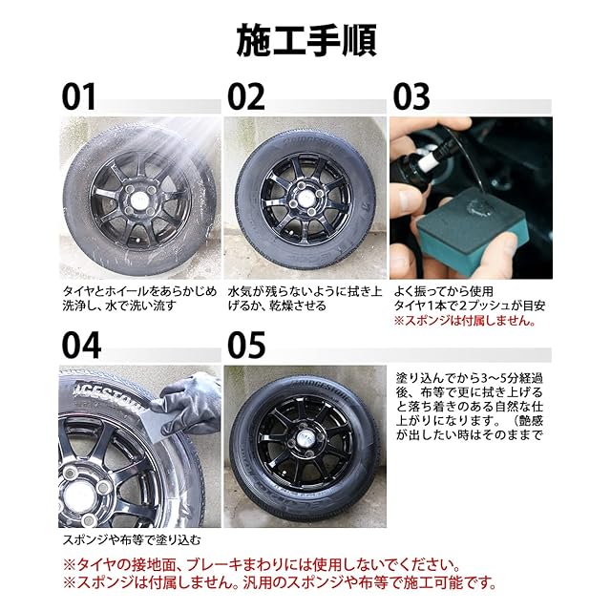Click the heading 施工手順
pyautogui.click(x=306, y=40)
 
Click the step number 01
pyautogui.click(x=78, y=96)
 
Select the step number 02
pyautogui.click(x=246, y=96)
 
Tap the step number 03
pyautogui.click(x=411, y=96)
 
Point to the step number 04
pyautogui.click(x=81, y=346)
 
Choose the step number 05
pyautogui.click(x=246, y=346)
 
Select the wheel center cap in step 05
pyautogui.click(x=305, y=440)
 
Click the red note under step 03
pyautogui.click(x=465, y=321)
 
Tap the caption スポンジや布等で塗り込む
pyautogui.click(x=132, y=539)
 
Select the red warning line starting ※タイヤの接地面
pyautogui.click(x=262, y=564)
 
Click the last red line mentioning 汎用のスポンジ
pyautogui.click(x=280, y=582)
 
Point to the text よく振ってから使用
pyautogui.click(x=443, y=291)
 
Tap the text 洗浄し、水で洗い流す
pyautogui.click(x=119, y=305)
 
